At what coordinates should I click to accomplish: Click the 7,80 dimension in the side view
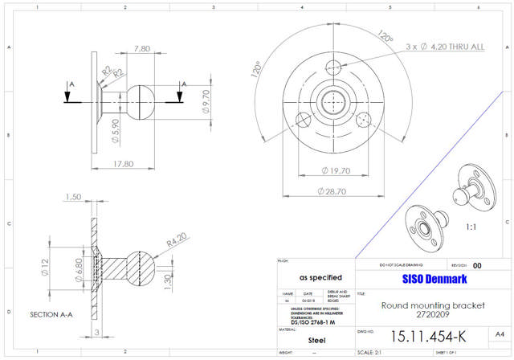[142, 49]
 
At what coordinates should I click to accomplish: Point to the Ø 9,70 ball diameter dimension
[206, 100]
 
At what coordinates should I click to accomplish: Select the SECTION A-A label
[52, 314]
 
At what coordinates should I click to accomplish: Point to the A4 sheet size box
[499, 333]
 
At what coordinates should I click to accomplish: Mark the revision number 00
[478, 265]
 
